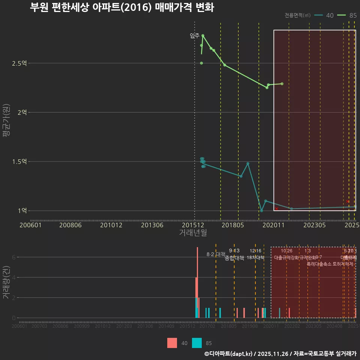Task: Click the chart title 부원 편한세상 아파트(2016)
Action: [122, 7]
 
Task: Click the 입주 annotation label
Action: [195, 36]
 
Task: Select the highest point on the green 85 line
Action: [203, 36]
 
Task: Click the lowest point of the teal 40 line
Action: [261, 211]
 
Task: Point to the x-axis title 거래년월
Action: [193, 233]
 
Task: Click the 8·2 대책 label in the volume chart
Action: [216, 254]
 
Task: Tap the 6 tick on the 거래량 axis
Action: [13, 257]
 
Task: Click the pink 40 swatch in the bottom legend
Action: [172, 343]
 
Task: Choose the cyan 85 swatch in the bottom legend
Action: [197, 343]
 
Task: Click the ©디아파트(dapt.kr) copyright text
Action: [229, 354]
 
